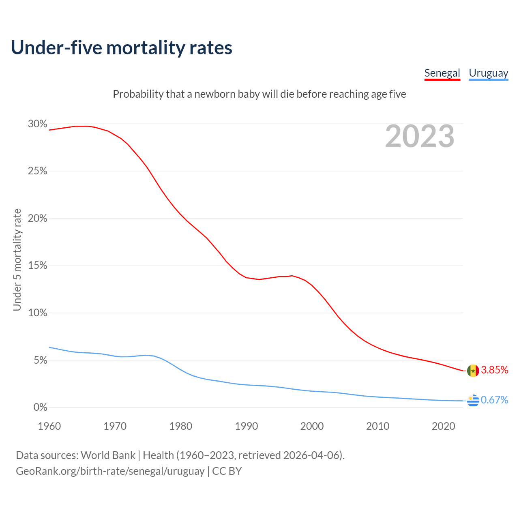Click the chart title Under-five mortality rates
click(121, 47)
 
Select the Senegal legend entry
click(442, 73)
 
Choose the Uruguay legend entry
click(488, 73)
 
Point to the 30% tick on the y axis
click(37, 124)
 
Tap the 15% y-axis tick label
click(37, 266)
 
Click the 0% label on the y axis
click(40, 407)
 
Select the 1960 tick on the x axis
click(49, 426)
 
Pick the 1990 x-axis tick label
click(247, 426)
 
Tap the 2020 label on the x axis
click(444, 426)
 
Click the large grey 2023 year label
click(420, 136)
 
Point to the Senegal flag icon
click(473, 371)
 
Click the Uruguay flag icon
click(473, 400)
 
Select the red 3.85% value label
click(494, 370)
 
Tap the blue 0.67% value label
click(494, 400)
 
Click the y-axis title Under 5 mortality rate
click(17, 259)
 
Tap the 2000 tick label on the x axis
click(312, 426)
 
